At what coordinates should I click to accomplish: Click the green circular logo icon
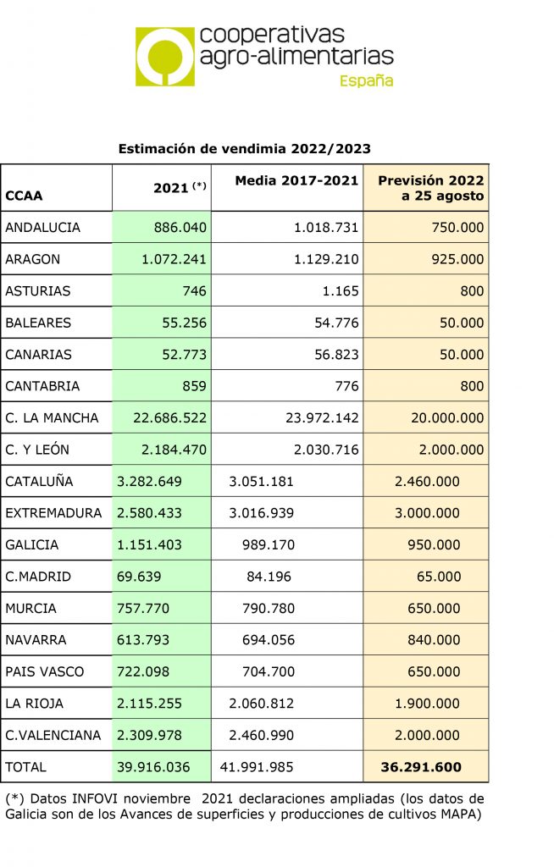[x=164, y=56]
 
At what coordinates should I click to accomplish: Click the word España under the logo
[x=366, y=81]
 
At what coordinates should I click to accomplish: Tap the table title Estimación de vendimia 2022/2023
[x=245, y=148]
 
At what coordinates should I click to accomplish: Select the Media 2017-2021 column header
[x=296, y=180]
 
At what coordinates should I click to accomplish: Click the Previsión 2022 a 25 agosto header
[x=430, y=188]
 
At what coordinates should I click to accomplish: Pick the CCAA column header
[x=24, y=196]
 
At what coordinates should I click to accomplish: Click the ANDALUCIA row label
[x=43, y=228]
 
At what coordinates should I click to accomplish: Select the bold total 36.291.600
[x=421, y=767]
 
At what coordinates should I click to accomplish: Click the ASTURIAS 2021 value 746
[x=193, y=291]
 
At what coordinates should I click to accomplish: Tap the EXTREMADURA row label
[x=53, y=513]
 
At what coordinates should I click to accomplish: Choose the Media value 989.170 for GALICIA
[x=263, y=545]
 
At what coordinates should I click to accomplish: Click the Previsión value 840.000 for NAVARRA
[x=434, y=640]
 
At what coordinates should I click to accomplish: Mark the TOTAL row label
[x=26, y=767]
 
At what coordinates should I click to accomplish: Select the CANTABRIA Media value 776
[x=346, y=386]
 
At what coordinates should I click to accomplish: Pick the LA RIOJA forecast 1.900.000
[x=427, y=704]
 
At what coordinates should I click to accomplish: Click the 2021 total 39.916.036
[x=153, y=767]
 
